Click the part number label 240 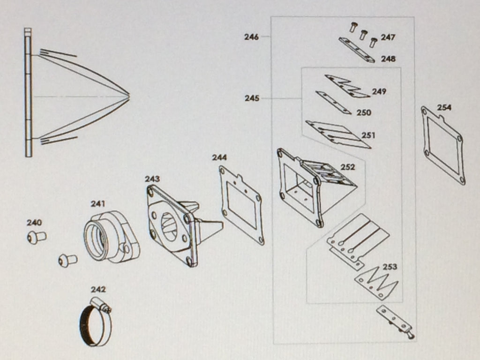(34, 223)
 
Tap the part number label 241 (98, 203)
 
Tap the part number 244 (219, 157)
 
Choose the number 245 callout (252, 98)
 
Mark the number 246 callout (252, 37)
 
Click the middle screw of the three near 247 (363, 34)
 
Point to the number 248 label (388, 59)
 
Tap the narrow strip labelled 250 (333, 102)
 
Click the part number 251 (368, 135)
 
